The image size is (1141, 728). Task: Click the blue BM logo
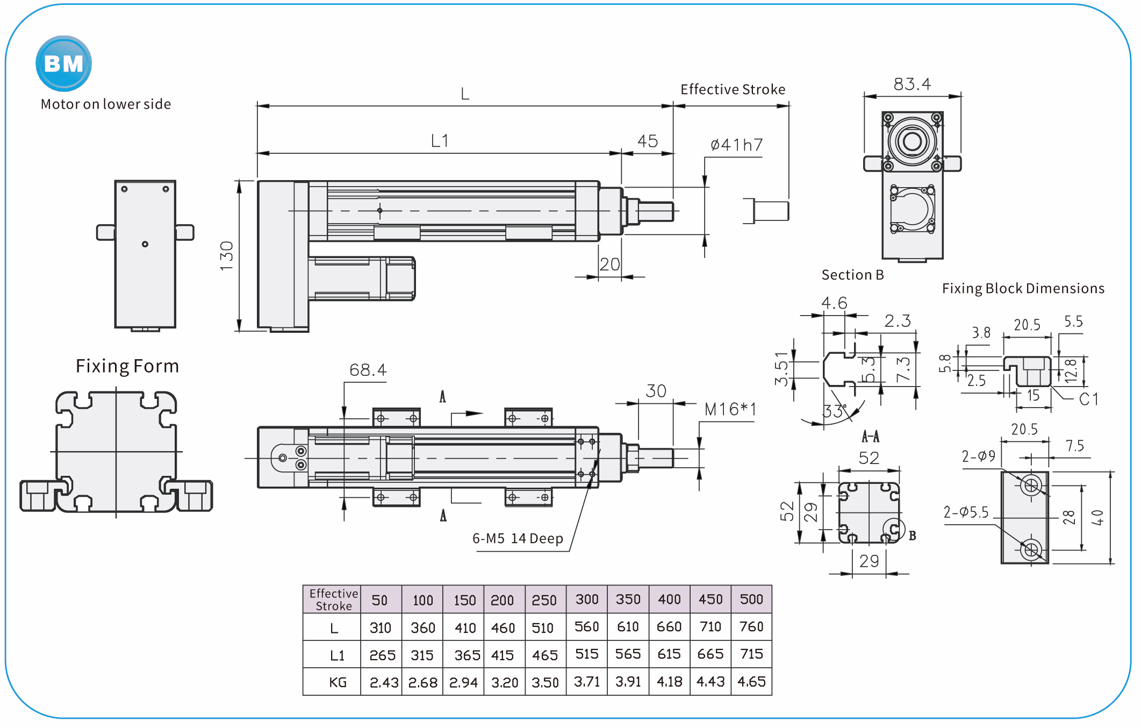click(x=63, y=63)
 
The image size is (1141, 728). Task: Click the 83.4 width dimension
click(x=912, y=84)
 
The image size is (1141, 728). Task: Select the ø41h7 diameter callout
click(x=736, y=145)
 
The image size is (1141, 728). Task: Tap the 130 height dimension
click(x=227, y=256)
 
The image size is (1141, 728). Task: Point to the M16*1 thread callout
click(x=730, y=410)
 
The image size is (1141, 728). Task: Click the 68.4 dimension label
click(x=368, y=370)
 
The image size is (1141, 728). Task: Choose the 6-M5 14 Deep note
click(x=518, y=539)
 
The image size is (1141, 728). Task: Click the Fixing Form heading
click(x=127, y=366)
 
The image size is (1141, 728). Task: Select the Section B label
click(x=852, y=275)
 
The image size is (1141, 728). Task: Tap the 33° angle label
click(x=834, y=411)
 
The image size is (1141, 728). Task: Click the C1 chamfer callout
click(x=1088, y=399)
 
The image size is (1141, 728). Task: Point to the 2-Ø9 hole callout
click(x=978, y=456)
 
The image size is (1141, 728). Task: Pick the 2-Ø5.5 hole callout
click(x=966, y=512)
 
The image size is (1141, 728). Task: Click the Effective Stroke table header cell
click(x=333, y=599)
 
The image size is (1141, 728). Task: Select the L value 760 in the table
click(x=751, y=627)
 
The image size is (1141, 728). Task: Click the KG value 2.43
click(x=383, y=682)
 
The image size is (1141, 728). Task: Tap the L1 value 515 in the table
click(x=586, y=654)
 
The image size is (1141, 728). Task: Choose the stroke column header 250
click(x=544, y=600)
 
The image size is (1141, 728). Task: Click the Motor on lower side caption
click(x=106, y=104)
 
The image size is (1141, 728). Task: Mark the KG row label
click(x=338, y=682)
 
